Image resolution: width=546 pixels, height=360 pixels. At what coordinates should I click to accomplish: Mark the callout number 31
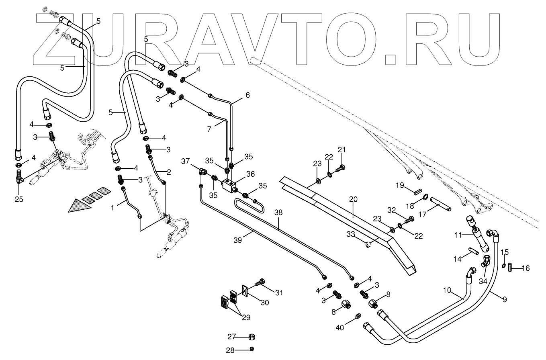click(x=278, y=293)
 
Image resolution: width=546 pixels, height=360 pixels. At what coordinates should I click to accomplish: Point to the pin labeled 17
click(x=441, y=204)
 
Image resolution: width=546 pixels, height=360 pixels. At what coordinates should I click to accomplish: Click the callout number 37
click(x=185, y=162)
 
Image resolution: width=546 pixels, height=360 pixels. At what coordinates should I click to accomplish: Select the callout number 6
click(x=247, y=95)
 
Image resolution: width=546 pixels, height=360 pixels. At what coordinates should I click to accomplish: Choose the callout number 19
click(x=400, y=185)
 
